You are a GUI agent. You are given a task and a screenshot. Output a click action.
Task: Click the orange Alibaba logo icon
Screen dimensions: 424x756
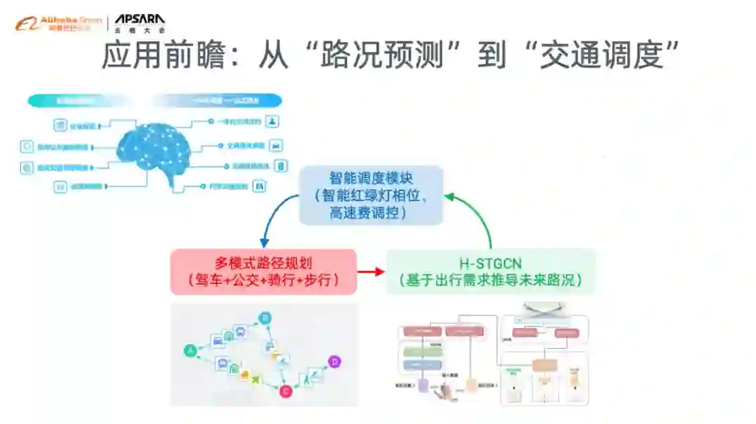[26, 24]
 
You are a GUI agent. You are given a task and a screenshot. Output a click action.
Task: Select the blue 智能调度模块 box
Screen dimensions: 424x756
[371, 195]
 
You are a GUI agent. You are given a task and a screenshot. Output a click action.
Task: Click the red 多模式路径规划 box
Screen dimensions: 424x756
[263, 272]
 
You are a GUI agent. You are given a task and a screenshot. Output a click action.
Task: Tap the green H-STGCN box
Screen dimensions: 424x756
[491, 272]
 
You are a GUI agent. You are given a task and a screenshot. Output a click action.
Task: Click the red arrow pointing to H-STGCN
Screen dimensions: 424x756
[371, 272]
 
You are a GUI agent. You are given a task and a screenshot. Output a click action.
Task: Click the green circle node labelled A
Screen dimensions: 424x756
[189, 350]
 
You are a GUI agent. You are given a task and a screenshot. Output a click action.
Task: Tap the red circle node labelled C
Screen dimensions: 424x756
[286, 392]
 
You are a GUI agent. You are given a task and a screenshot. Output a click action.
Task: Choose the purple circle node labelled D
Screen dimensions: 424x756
[335, 362]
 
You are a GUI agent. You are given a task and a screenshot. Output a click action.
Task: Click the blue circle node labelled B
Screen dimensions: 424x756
[265, 319]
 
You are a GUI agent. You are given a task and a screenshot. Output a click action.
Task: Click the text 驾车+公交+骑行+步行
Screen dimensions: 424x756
[263, 280]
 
